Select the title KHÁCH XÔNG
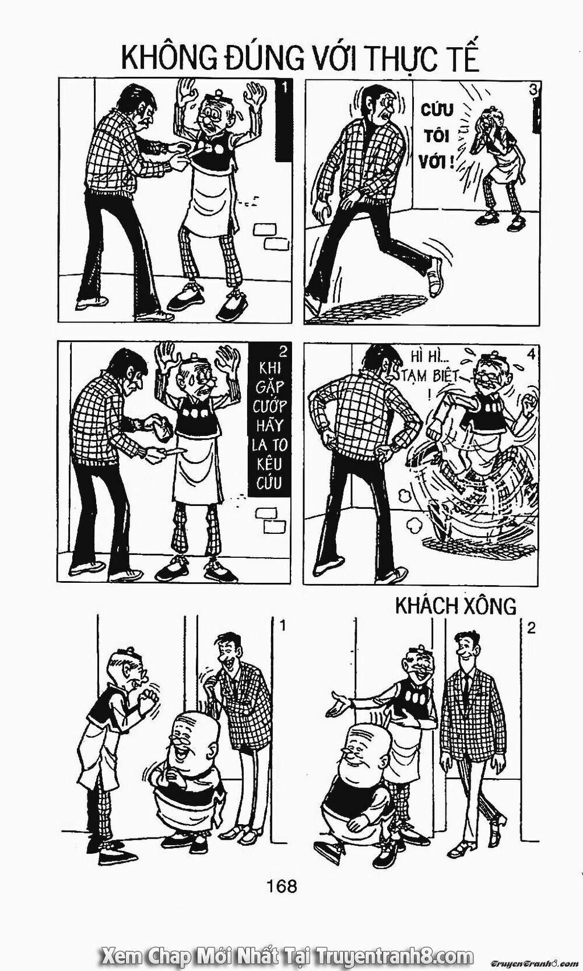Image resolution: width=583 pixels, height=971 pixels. coord(455,606)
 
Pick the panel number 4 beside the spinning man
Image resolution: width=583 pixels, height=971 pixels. coord(533,353)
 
